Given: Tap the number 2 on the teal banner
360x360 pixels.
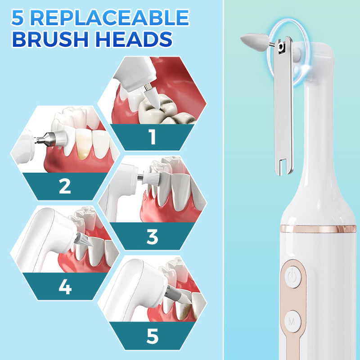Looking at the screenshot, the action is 65,186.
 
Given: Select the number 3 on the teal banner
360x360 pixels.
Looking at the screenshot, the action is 152,237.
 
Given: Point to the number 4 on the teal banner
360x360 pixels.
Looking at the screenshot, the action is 65,287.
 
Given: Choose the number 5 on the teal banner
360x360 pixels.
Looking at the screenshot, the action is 153,336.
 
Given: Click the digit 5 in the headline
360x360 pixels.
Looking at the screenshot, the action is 18,18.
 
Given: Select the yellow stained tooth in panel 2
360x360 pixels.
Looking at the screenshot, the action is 84,144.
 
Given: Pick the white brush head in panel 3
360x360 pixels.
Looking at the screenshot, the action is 151,178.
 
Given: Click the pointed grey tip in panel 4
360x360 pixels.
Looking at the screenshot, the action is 83,240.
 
